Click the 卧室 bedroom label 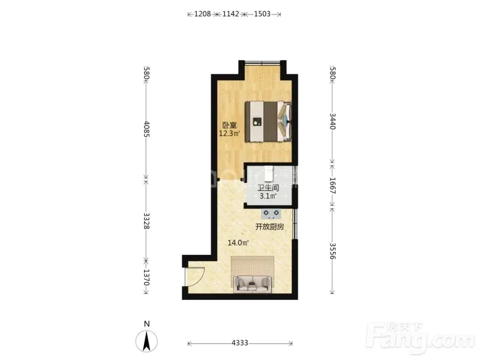(x=229, y=125)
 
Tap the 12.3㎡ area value (x=229, y=133)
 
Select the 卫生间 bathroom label (x=268, y=188)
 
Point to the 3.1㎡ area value (x=268, y=196)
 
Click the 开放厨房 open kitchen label (x=269, y=227)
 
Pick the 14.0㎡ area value (x=238, y=243)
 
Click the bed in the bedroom (x=268, y=121)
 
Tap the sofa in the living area (x=252, y=284)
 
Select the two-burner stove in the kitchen (x=271, y=214)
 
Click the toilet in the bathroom (x=268, y=174)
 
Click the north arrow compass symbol (x=146, y=341)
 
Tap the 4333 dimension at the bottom (x=239, y=343)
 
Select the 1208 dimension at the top (x=203, y=14)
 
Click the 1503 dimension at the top (x=262, y=14)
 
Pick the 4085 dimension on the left (x=146, y=129)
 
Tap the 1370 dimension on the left (x=146, y=277)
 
